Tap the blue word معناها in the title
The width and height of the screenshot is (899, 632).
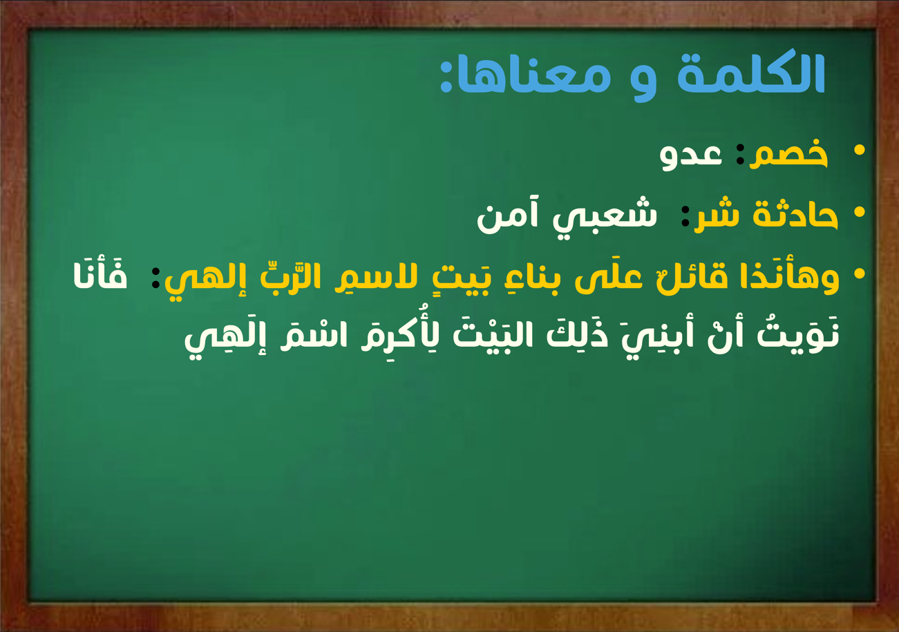tap(525, 76)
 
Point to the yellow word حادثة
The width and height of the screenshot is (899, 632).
tap(795, 215)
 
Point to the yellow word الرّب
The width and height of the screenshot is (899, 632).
tap(290, 276)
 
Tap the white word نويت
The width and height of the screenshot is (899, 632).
tap(798, 338)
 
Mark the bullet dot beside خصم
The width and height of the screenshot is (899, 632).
tap(860, 150)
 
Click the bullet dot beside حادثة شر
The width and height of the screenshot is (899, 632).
tap(860, 212)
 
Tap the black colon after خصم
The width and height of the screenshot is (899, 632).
tap(740, 154)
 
